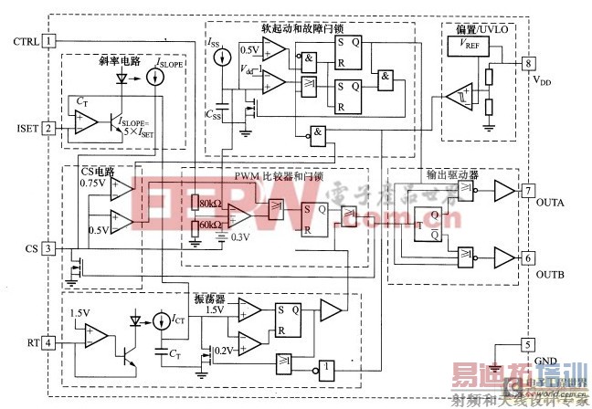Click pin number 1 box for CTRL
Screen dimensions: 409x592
48,41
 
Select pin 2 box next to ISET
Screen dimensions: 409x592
48,128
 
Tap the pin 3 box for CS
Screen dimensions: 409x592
48,248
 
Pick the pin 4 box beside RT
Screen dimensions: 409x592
48,343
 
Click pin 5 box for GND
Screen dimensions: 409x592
527,345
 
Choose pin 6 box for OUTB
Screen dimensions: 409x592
527,258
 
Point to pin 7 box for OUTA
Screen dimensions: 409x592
527,192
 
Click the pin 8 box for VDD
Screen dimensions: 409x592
527,63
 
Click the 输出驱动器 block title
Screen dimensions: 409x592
451,176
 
